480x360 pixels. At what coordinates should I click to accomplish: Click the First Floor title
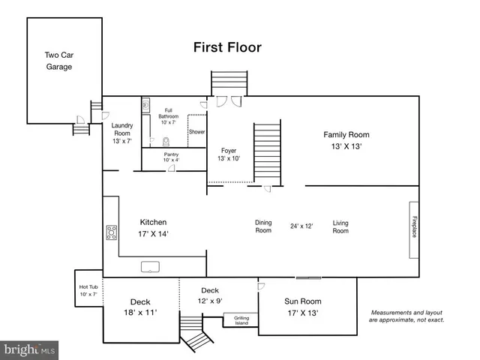(227, 47)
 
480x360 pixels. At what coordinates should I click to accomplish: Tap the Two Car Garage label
(58, 61)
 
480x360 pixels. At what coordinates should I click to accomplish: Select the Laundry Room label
(121, 133)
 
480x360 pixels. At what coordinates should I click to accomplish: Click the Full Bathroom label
(168, 116)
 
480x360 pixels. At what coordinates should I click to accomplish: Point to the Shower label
(196, 132)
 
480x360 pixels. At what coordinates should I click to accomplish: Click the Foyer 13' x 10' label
(228, 154)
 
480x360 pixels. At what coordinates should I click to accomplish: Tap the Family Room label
(346, 140)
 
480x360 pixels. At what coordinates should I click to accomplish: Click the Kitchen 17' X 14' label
(153, 228)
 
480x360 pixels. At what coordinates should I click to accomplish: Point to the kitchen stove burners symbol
(111, 232)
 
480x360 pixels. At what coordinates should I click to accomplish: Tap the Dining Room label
(263, 226)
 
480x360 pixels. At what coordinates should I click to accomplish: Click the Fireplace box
(412, 229)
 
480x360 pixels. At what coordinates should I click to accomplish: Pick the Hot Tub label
(88, 290)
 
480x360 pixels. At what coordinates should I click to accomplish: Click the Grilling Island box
(241, 321)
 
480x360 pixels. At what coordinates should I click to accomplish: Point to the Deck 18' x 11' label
(140, 307)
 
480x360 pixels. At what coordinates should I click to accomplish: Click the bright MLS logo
(30, 349)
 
